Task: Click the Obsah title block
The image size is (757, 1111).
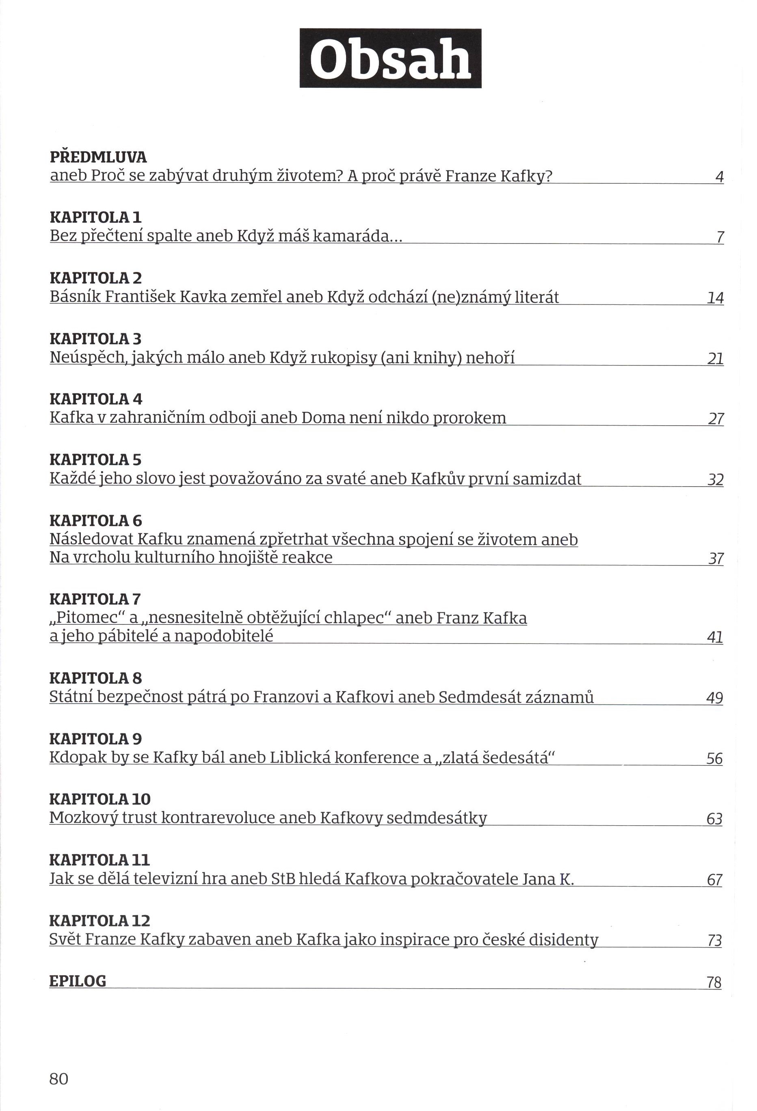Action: click(390, 58)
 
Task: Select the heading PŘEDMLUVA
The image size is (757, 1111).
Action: click(98, 157)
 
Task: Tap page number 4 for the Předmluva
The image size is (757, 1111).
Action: click(719, 177)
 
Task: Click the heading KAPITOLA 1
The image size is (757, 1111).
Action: click(95, 217)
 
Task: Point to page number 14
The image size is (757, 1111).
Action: click(715, 298)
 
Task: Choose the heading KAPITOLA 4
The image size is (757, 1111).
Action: click(96, 399)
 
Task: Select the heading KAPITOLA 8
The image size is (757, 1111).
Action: click(95, 678)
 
